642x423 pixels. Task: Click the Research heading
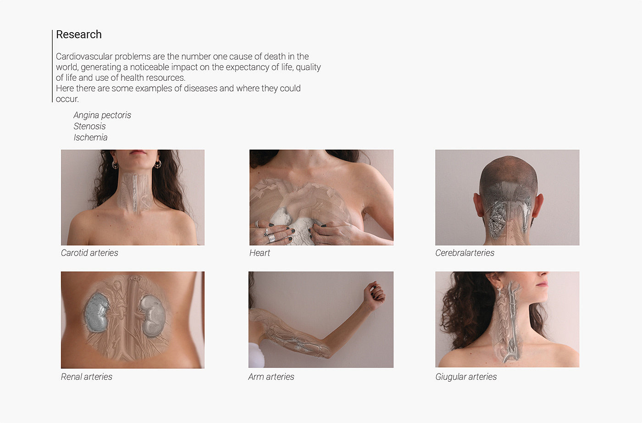(x=79, y=34)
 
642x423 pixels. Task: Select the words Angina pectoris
(x=102, y=115)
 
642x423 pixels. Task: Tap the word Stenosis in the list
(x=89, y=126)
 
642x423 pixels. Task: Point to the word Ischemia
(x=90, y=137)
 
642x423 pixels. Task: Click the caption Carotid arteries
(x=89, y=253)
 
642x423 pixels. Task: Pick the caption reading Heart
(x=260, y=253)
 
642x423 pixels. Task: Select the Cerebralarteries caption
(x=465, y=253)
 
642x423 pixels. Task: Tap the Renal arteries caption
(x=87, y=377)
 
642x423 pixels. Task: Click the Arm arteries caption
(x=271, y=377)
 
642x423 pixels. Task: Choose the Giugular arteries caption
(x=466, y=377)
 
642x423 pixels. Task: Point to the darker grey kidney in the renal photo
(x=97, y=312)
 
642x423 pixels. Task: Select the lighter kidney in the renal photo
(x=152, y=316)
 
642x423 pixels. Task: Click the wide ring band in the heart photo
(x=271, y=238)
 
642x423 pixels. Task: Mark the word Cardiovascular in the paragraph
(x=83, y=56)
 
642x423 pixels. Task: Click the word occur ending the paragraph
(x=66, y=99)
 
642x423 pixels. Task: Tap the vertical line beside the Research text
(x=52, y=66)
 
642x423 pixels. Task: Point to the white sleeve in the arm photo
(x=256, y=356)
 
